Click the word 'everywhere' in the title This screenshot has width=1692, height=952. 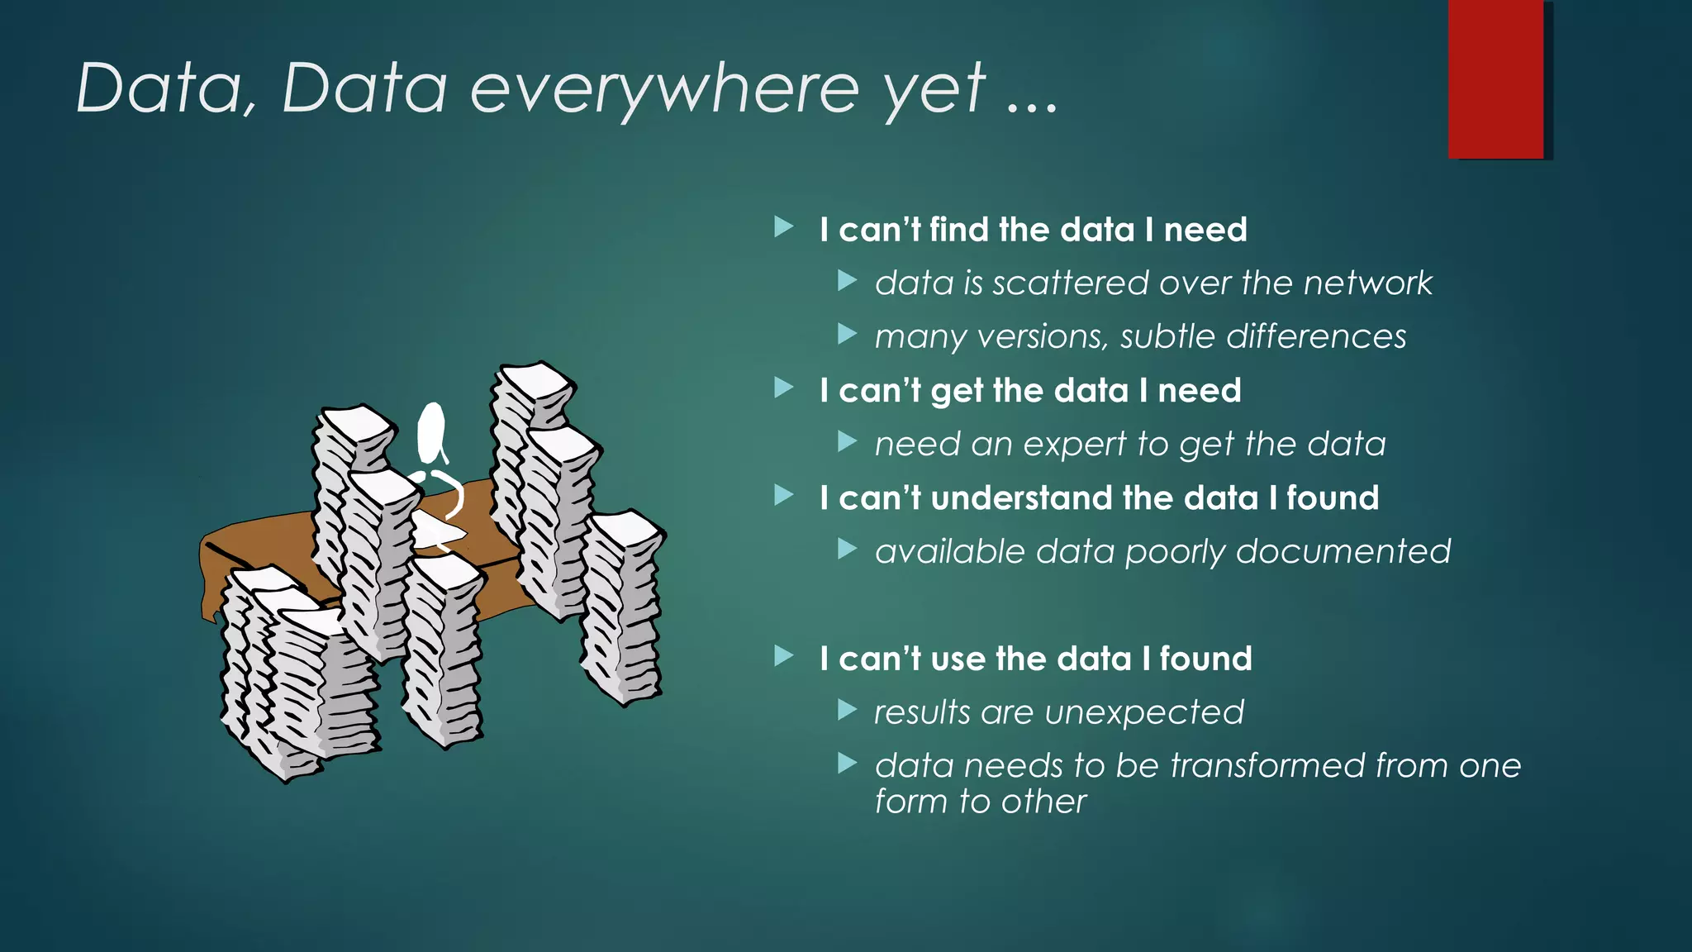click(664, 88)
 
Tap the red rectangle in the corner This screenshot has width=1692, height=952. click(1495, 79)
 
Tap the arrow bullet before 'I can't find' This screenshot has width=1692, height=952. click(783, 226)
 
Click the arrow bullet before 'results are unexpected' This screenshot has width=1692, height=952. click(847, 709)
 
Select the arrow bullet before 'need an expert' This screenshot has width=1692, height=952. click(847, 441)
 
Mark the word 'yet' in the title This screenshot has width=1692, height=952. click(934, 88)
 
